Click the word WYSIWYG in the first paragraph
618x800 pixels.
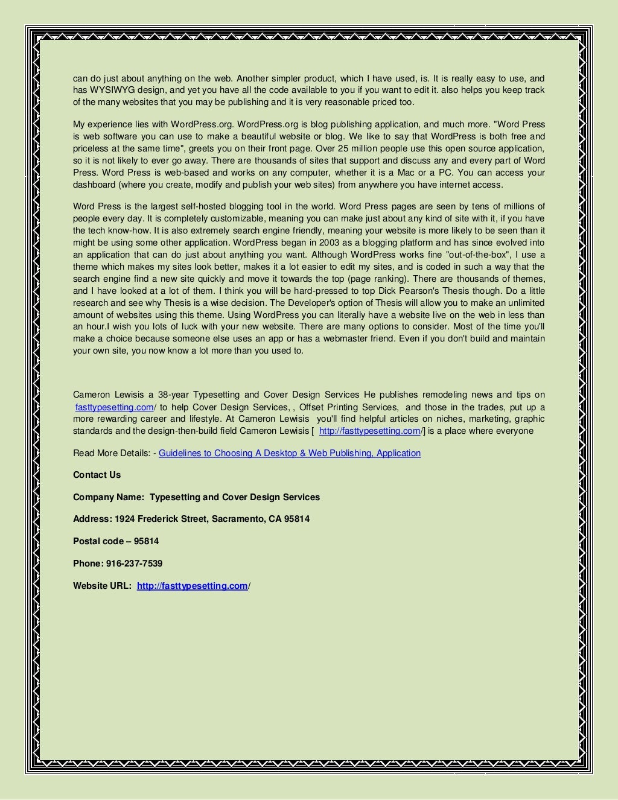(109, 90)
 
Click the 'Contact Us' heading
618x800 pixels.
(97, 475)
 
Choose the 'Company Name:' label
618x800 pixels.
(109, 497)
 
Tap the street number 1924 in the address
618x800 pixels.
(125, 519)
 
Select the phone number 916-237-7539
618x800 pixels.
(134, 563)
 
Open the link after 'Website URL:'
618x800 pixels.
(192, 586)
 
